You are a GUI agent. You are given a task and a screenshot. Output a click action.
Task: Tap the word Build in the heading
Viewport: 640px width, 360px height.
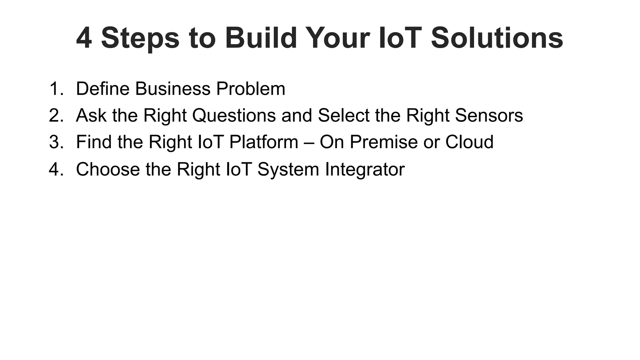pyautogui.click(x=261, y=38)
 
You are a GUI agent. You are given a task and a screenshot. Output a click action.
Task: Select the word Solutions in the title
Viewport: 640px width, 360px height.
pyautogui.click(x=497, y=38)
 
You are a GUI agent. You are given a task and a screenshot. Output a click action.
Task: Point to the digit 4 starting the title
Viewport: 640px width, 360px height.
pyautogui.click(x=84, y=38)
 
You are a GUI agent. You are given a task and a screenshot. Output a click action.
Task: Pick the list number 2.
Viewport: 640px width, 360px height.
pyautogui.click(x=56, y=116)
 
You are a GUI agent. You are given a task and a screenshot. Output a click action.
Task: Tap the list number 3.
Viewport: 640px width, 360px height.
pyautogui.click(x=56, y=142)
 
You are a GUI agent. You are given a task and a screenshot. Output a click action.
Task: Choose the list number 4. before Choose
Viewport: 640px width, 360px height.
pyautogui.click(x=56, y=169)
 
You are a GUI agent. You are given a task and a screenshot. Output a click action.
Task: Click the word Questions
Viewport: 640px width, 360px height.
pyautogui.click(x=234, y=116)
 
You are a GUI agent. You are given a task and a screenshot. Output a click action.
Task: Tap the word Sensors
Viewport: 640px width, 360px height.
pyautogui.click(x=489, y=116)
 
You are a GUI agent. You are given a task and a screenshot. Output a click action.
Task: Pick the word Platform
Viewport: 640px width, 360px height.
pyautogui.click(x=264, y=142)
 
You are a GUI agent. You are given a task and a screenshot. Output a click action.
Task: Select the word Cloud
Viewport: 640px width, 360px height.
pyautogui.click(x=469, y=142)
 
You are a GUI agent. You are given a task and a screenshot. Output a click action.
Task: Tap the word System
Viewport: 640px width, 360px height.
pyautogui.click(x=288, y=169)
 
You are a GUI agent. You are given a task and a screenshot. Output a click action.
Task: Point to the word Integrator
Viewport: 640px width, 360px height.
pyautogui.click(x=365, y=169)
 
